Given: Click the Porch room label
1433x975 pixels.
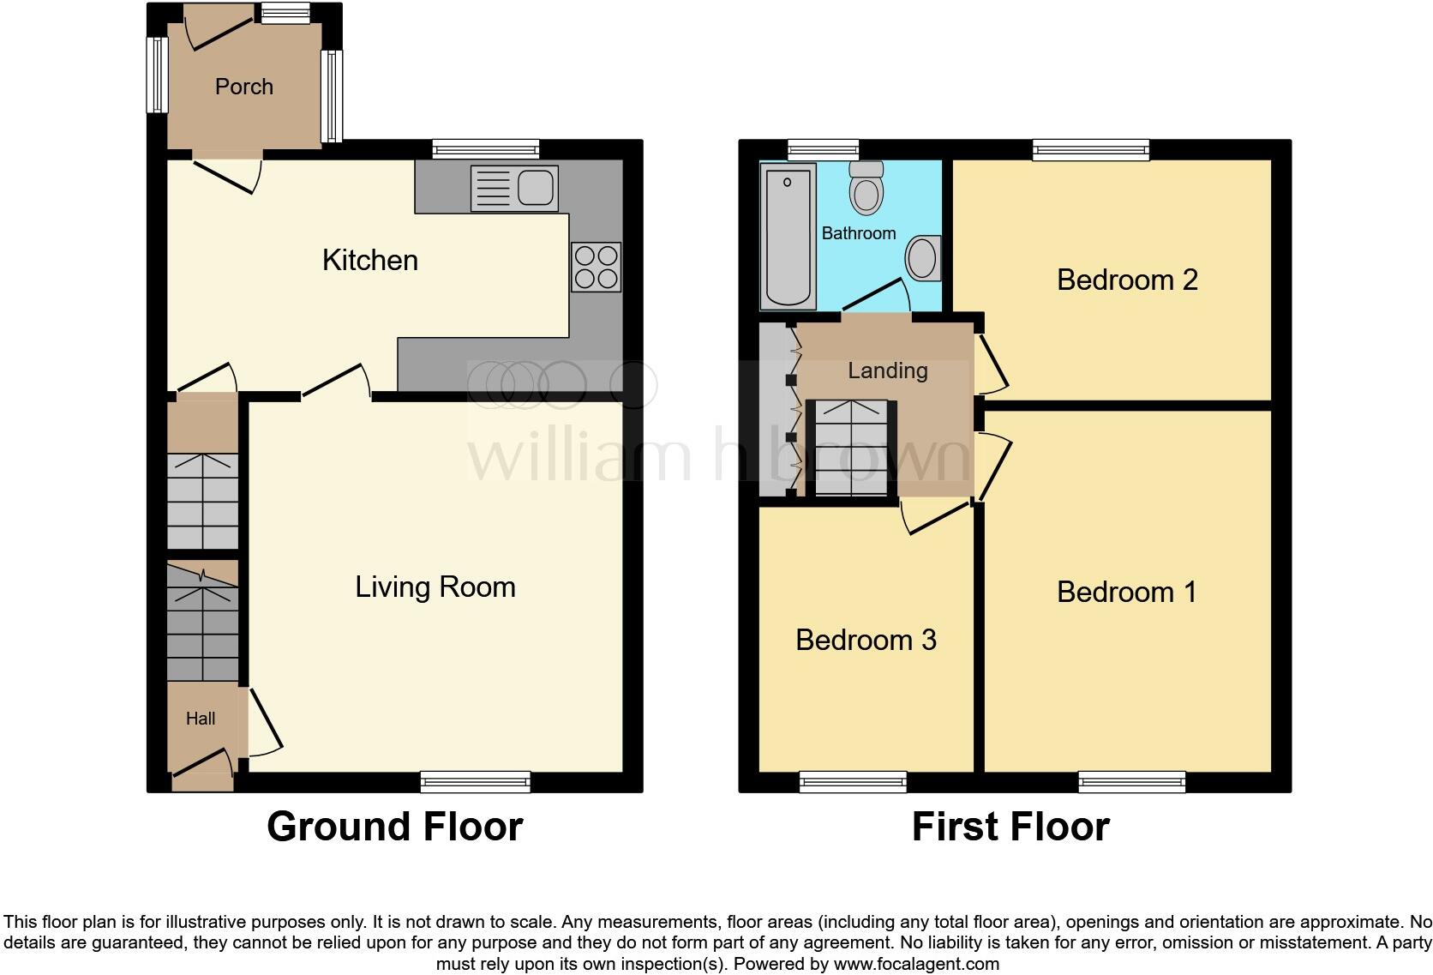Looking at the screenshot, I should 243,87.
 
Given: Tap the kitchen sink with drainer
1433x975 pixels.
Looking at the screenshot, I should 514,189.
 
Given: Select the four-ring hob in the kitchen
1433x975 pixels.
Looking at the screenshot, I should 596,267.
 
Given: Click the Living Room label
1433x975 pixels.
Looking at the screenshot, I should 435,587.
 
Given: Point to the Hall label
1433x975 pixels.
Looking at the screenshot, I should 201,719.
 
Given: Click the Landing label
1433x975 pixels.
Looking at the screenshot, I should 887,370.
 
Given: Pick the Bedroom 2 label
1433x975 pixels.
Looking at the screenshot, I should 1126,280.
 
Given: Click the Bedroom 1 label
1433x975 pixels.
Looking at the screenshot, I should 1126,592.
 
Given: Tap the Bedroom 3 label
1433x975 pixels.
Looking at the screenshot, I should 866,640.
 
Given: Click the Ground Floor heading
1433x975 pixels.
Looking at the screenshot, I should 394,827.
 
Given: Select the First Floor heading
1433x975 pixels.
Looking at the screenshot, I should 1010,827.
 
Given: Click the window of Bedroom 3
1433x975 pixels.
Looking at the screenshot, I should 853,781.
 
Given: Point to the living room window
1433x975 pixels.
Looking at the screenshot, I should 476,781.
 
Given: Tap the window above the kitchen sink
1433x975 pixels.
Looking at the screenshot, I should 486,149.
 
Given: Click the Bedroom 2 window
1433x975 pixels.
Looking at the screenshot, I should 1091,150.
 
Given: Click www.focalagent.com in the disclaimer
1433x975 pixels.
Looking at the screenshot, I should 916,963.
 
